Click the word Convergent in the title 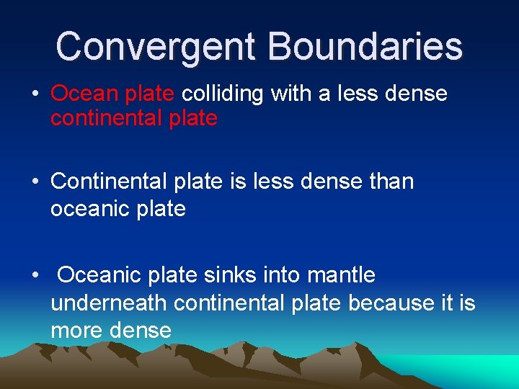(x=156, y=46)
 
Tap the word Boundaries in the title (x=365, y=46)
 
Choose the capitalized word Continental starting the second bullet (x=108, y=182)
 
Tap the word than (x=390, y=182)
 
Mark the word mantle (x=341, y=274)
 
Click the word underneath (x=109, y=303)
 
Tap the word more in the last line (x=76, y=331)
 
